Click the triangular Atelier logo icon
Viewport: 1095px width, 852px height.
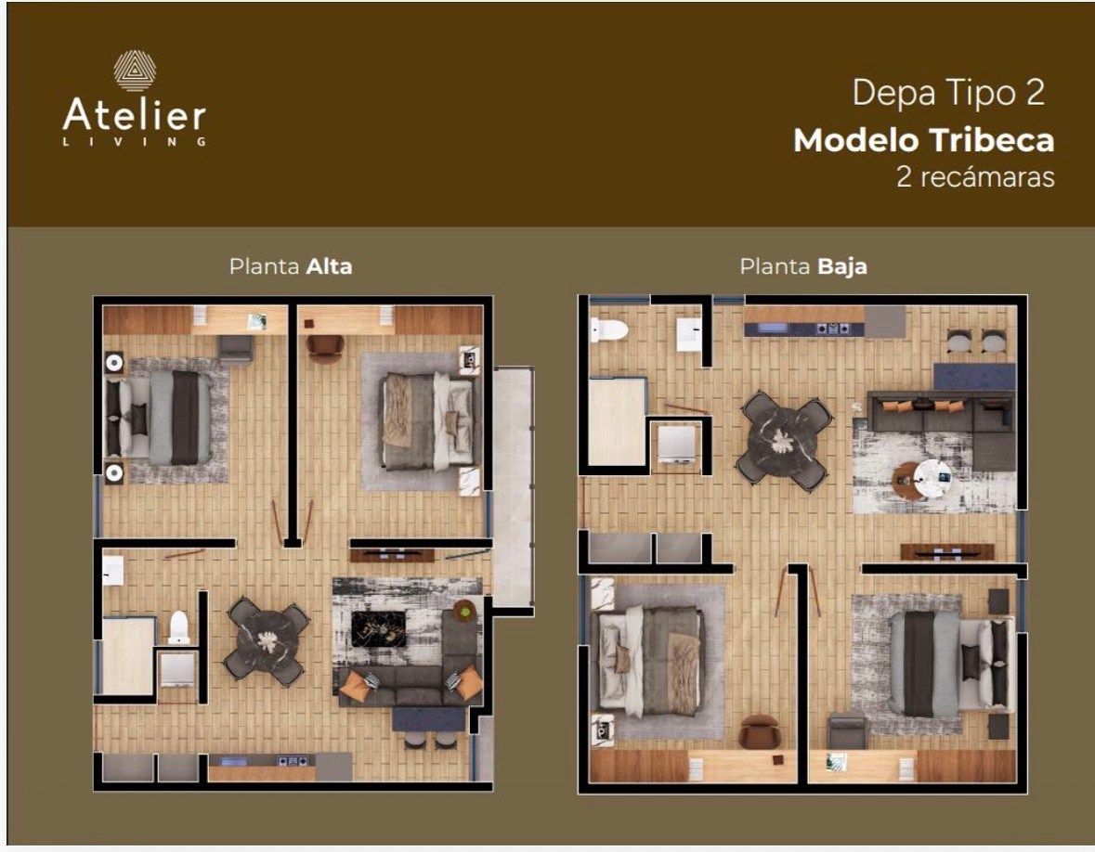pos(135,70)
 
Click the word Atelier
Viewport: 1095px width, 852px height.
pos(134,115)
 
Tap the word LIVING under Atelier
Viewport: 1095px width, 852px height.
pos(134,142)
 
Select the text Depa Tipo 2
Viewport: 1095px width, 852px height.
pos(948,93)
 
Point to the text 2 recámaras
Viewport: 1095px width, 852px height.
pos(975,176)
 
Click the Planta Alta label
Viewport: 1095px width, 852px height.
pos(291,266)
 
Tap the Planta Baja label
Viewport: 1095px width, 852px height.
pos(803,266)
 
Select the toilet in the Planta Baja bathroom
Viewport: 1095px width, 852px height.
pos(608,329)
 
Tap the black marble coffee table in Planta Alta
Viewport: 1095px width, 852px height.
pos(379,628)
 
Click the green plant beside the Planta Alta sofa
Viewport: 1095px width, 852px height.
pos(463,611)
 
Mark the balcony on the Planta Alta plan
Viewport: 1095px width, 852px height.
pos(514,488)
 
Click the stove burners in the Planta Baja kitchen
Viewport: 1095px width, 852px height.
pos(831,328)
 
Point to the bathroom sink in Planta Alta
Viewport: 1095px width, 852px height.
pos(112,571)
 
